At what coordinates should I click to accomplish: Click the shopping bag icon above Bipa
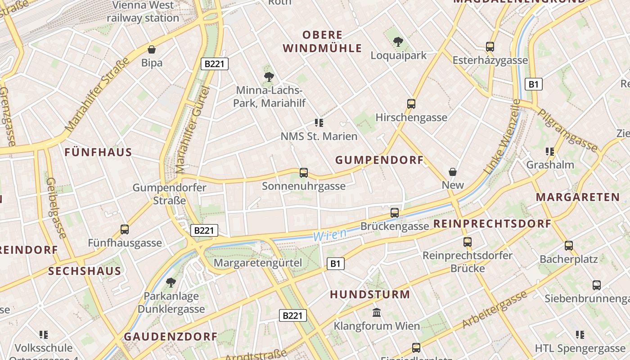(x=152, y=49)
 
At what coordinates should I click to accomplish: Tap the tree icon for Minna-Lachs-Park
(x=269, y=76)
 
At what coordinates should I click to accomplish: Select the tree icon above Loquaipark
(x=398, y=42)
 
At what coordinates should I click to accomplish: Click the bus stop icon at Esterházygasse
(x=490, y=46)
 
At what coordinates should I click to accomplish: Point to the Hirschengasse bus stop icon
(x=411, y=103)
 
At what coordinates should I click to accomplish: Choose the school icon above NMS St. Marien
(x=319, y=122)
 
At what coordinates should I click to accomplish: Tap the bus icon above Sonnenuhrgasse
(x=304, y=172)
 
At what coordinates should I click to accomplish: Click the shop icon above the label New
(x=453, y=172)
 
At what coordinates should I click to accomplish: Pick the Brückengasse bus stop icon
(x=395, y=212)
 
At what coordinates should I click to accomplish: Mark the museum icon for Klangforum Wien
(x=377, y=312)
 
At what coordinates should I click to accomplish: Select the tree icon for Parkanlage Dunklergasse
(x=171, y=283)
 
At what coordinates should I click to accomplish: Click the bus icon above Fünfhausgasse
(x=125, y=229)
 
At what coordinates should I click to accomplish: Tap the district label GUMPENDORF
(x=379, y=160)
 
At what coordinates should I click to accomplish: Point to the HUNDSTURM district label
(x=370, y=295)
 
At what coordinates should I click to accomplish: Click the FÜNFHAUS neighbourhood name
(x=98, y=152)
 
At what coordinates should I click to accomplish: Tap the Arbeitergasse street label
(x=494, y=310)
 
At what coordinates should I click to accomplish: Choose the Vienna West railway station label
(x=143, y=12)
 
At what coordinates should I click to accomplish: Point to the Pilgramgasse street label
(x=568, y=130)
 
